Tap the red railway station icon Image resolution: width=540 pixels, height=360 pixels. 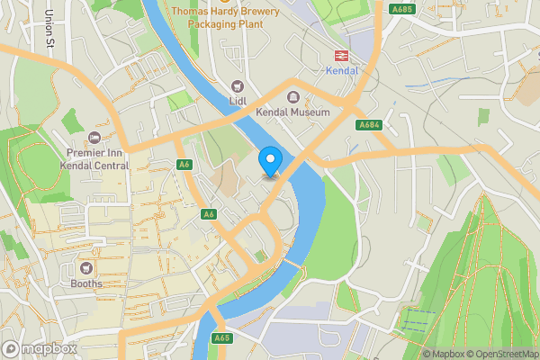click(341, 55)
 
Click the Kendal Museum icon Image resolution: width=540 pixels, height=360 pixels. click(292, 96)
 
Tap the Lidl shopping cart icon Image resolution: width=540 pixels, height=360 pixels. click(238, 86)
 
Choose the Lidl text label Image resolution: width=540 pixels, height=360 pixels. click(238, 102)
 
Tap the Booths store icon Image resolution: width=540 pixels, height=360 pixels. click(87, 267)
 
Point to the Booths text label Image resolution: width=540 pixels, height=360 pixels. click(87, 283)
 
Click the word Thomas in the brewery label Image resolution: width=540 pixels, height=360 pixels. click(191, 11)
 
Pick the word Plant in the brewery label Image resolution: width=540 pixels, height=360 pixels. click(248, 24)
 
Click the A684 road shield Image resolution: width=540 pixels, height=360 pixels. click(367, 124)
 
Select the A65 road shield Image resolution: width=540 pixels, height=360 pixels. click(223, 337)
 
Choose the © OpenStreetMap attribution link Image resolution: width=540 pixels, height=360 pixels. click(502, 354)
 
